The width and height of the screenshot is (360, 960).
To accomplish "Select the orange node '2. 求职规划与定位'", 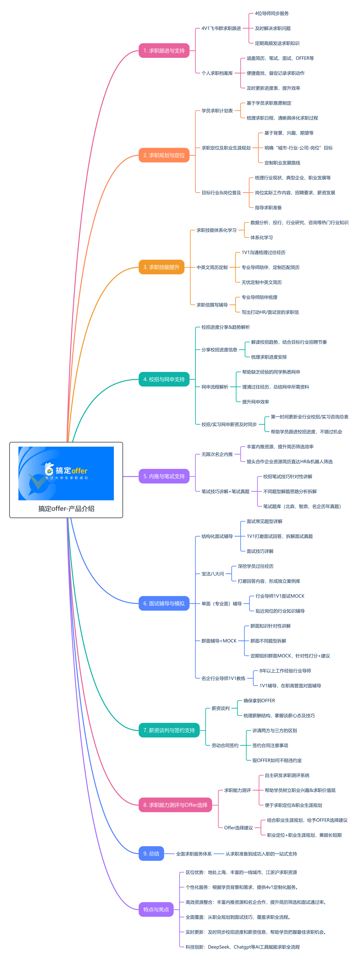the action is coord(164,155).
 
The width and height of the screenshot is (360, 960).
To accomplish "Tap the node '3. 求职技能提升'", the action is coord(161,267).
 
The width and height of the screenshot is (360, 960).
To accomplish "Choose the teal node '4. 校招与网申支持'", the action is coord(164,379).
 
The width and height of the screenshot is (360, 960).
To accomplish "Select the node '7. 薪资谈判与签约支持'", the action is coord(169,730).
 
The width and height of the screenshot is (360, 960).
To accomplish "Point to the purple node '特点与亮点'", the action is coord(156,909).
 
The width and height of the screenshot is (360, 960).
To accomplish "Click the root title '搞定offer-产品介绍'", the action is coord(66,509).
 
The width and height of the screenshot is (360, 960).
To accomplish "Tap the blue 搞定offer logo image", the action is coord(66,473).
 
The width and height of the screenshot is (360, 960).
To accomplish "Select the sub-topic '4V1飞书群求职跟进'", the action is coord(221,28).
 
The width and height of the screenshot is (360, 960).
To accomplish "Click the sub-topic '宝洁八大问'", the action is coord(213,574).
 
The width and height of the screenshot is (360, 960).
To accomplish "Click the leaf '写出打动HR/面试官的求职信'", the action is coord(270,312).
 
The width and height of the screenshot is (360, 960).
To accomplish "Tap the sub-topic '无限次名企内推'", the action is coord(217,454).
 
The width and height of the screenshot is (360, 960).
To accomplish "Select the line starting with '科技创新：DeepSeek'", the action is coord(243,947).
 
